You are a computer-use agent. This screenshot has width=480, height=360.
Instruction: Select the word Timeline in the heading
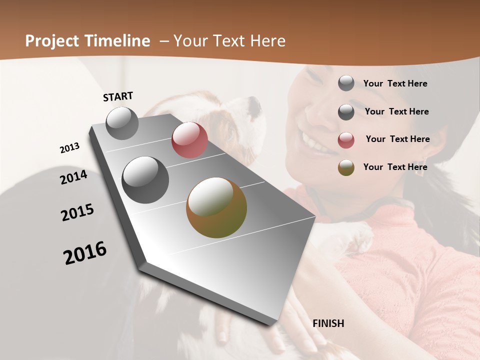[x=116, y=41]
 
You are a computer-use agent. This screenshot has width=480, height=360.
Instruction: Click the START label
[x=118, y=96]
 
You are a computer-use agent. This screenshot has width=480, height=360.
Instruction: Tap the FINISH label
[x=328, y=323]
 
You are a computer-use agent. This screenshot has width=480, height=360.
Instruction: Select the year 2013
[x=69, y=148]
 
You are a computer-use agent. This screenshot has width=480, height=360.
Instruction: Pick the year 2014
[x=73, y=177]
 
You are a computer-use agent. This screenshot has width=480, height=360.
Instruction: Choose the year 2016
[x=85, y=253]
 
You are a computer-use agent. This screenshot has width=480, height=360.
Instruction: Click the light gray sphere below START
[x=122, y=123]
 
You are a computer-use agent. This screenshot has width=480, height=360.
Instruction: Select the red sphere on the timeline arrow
[x=189, y=140]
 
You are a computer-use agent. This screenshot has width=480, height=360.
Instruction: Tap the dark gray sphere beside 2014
[x=145, y=179]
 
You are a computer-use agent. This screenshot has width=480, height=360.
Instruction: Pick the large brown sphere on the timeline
[x=216, y=207]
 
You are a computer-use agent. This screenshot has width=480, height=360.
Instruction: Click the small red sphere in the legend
[x=346, y=140]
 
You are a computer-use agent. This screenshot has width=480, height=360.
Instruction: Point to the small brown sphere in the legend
[x=346, y=167]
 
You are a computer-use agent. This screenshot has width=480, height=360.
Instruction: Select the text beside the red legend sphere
[x=397, y=139]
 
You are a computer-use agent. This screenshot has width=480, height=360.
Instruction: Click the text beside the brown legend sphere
[x=395, y=167]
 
